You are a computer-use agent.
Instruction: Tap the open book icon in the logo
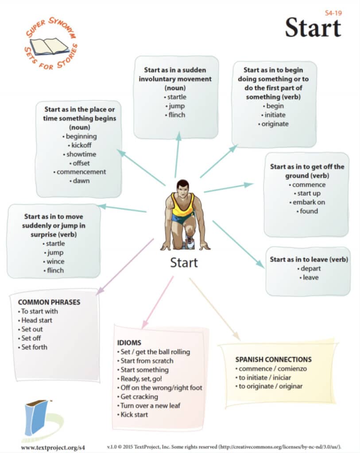49,46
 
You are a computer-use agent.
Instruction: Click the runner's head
182,187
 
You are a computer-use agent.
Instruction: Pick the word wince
55,261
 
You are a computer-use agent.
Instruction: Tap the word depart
310,269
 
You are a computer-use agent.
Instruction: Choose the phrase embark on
309,202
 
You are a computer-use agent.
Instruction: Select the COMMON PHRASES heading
49,302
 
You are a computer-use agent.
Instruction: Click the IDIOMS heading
129,343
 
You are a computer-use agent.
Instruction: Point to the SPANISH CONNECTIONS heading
273,359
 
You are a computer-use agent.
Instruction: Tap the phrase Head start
37,320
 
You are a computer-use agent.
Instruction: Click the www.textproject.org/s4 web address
53,447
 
